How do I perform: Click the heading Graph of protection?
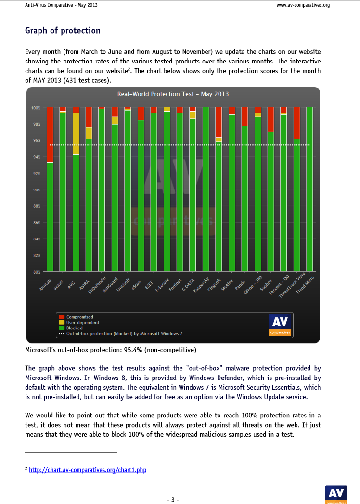[x=63, y=31]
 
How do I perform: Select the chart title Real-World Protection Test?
[x=173, y=94]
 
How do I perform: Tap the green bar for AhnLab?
[x=50, y=216]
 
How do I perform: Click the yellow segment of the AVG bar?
[x=76, y=133]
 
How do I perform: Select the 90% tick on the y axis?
[x=37, y=190]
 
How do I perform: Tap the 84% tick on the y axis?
[x=37, y=239]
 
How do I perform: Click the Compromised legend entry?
[x=79, y=317]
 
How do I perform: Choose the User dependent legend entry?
[x=83, y=323]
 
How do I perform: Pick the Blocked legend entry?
[x=74, y=328]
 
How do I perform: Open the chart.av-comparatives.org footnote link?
[x=87, y=470]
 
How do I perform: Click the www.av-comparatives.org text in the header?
[x=303, y=6]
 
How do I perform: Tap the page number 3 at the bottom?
[x=173, y=499]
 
